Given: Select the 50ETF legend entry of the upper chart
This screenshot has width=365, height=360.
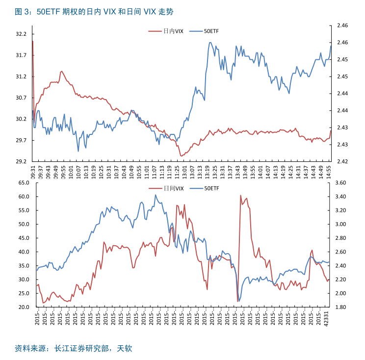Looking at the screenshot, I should click(x=211, y=31).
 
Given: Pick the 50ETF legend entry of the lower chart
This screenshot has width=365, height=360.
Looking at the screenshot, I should click(x=211, y=188).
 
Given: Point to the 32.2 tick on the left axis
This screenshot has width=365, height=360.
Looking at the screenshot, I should click(x=21, y=34).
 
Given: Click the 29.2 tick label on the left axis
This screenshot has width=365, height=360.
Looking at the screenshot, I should click(x=21, y=161).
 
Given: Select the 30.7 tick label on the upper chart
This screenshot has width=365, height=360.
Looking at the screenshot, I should click(x=21, y=98).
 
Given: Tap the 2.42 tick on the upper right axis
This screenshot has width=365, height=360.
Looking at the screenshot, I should click(x=342, y=161).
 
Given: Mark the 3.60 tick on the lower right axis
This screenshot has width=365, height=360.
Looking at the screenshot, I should click(x=340, y=183).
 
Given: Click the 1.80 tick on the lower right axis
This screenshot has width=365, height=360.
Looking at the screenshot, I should click(x=340, y=307).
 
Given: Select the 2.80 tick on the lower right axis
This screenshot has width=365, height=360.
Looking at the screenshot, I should click(x=340, y=238).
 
